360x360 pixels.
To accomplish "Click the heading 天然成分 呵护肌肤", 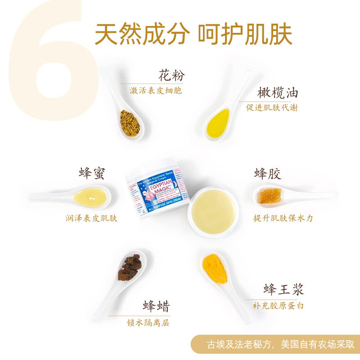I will click(193, 33).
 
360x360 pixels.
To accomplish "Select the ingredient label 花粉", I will click(171, 75).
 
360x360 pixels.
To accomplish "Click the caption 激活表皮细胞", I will click(156, 90).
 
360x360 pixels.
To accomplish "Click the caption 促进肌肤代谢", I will click(272, 108).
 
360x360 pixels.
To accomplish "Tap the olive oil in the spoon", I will click(218, 123).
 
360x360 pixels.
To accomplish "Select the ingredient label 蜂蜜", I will click(92, 173).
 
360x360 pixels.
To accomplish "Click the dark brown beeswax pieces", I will click(130, 267).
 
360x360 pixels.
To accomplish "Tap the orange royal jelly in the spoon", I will click(215, 268).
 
